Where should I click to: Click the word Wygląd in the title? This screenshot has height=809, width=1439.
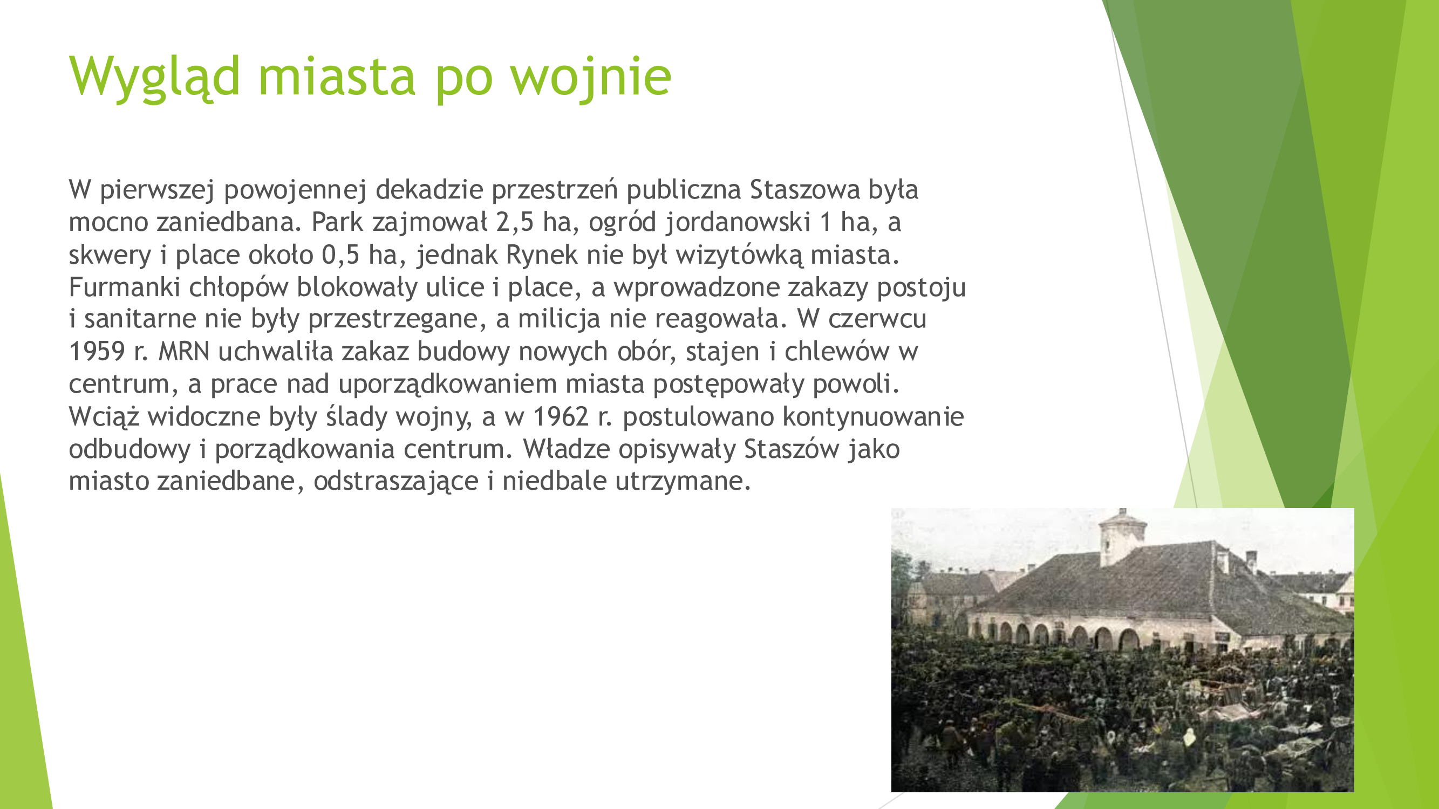(x=155, y=78)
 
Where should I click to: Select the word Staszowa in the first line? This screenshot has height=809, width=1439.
(x=804, y=189)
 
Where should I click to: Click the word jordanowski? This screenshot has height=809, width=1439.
(x=738, y=223)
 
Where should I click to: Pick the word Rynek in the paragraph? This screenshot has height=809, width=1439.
(x=541, y=255)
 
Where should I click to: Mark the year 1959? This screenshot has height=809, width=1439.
(x=97, y=352)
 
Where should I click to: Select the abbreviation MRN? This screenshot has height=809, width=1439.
(x=184, y=352)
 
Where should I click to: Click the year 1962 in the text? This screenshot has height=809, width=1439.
(x=561, y=417)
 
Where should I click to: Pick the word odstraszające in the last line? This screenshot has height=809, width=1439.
(x=396, y=482)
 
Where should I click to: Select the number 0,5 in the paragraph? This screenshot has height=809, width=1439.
(x=341, y=255)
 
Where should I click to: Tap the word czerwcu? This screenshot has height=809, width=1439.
(x=877, y=319)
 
